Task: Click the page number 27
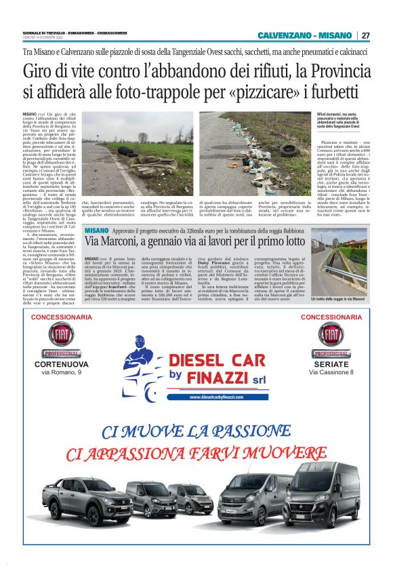click(365, 35)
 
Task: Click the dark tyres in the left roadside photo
click(130, 150)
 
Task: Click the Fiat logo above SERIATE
click(331, 337)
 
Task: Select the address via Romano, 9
click(61, 372)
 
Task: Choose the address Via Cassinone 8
click(331, 372)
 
